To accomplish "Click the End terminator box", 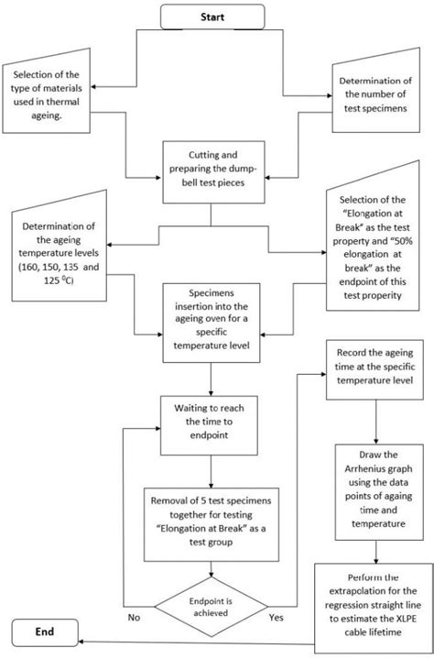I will [42, 631].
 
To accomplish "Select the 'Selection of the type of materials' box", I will [48, 104].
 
